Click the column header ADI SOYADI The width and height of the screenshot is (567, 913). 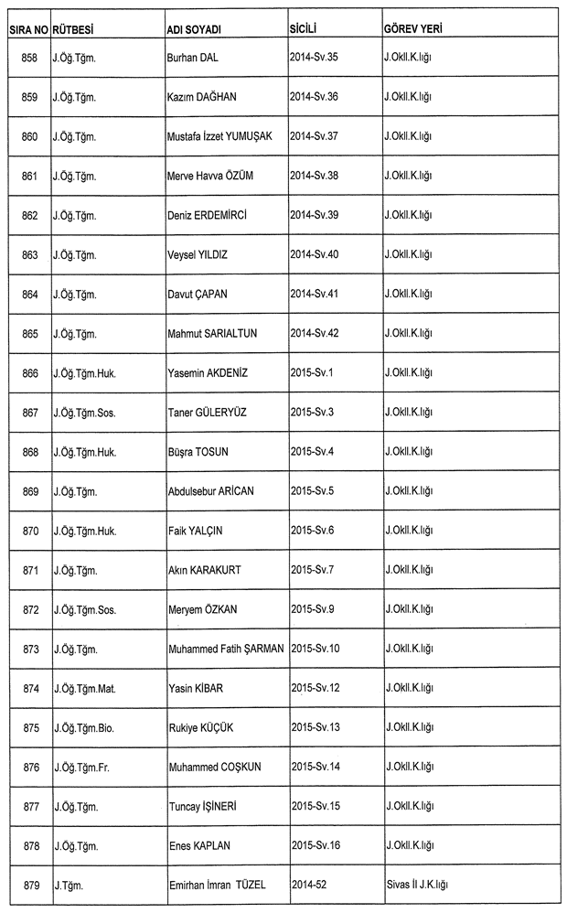coord(195,30)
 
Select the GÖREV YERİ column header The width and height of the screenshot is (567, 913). coord(414,30)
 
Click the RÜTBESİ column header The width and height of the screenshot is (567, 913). coord(75,30)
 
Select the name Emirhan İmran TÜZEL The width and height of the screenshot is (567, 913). coord(222,886)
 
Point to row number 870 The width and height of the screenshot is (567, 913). coord(29,531)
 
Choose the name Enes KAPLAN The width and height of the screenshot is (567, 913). coord(200,846)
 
